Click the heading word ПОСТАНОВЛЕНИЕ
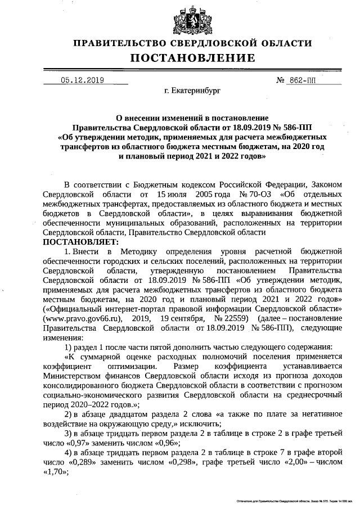click(x=193, y=58)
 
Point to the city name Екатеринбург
click(x=193, y=90)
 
